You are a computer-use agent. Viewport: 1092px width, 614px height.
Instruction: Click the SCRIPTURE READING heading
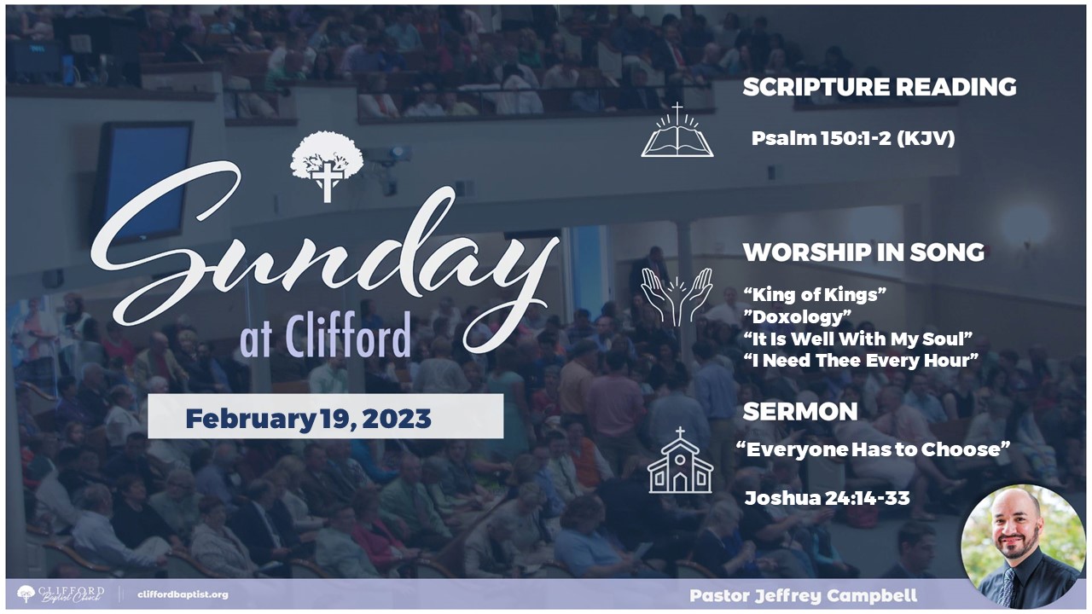point(880,87)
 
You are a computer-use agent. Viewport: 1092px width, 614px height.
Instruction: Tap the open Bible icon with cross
point(677,130)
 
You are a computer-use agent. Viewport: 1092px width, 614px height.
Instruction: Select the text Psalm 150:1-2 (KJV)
point(852,138)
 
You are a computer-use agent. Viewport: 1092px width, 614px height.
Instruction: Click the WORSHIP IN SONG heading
point(863,252)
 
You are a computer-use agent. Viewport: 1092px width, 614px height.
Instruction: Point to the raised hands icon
point(677,297)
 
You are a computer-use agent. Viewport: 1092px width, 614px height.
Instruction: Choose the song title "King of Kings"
point(815,294)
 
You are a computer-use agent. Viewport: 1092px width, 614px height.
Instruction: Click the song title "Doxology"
point(797,316)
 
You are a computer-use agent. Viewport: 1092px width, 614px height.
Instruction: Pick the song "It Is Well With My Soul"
point(858,339)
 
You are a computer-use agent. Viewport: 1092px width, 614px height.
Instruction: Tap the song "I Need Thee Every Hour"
point(861,361)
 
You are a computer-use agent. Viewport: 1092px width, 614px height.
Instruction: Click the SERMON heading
point(800,412)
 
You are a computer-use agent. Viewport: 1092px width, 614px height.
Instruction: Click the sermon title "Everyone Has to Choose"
point(873,449)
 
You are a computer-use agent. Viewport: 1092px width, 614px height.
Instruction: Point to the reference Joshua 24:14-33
point(827,498)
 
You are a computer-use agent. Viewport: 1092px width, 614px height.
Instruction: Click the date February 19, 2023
point(308,419)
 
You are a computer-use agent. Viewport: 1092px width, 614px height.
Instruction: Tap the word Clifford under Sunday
point(348,335)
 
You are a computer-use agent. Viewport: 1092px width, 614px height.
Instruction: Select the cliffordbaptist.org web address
point(183,595)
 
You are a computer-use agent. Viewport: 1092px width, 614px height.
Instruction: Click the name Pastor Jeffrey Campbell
point(804,595)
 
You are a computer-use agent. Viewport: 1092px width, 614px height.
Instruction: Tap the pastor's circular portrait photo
point(1023,547)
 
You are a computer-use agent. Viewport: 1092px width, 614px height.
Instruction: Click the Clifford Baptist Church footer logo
point(61,594)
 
